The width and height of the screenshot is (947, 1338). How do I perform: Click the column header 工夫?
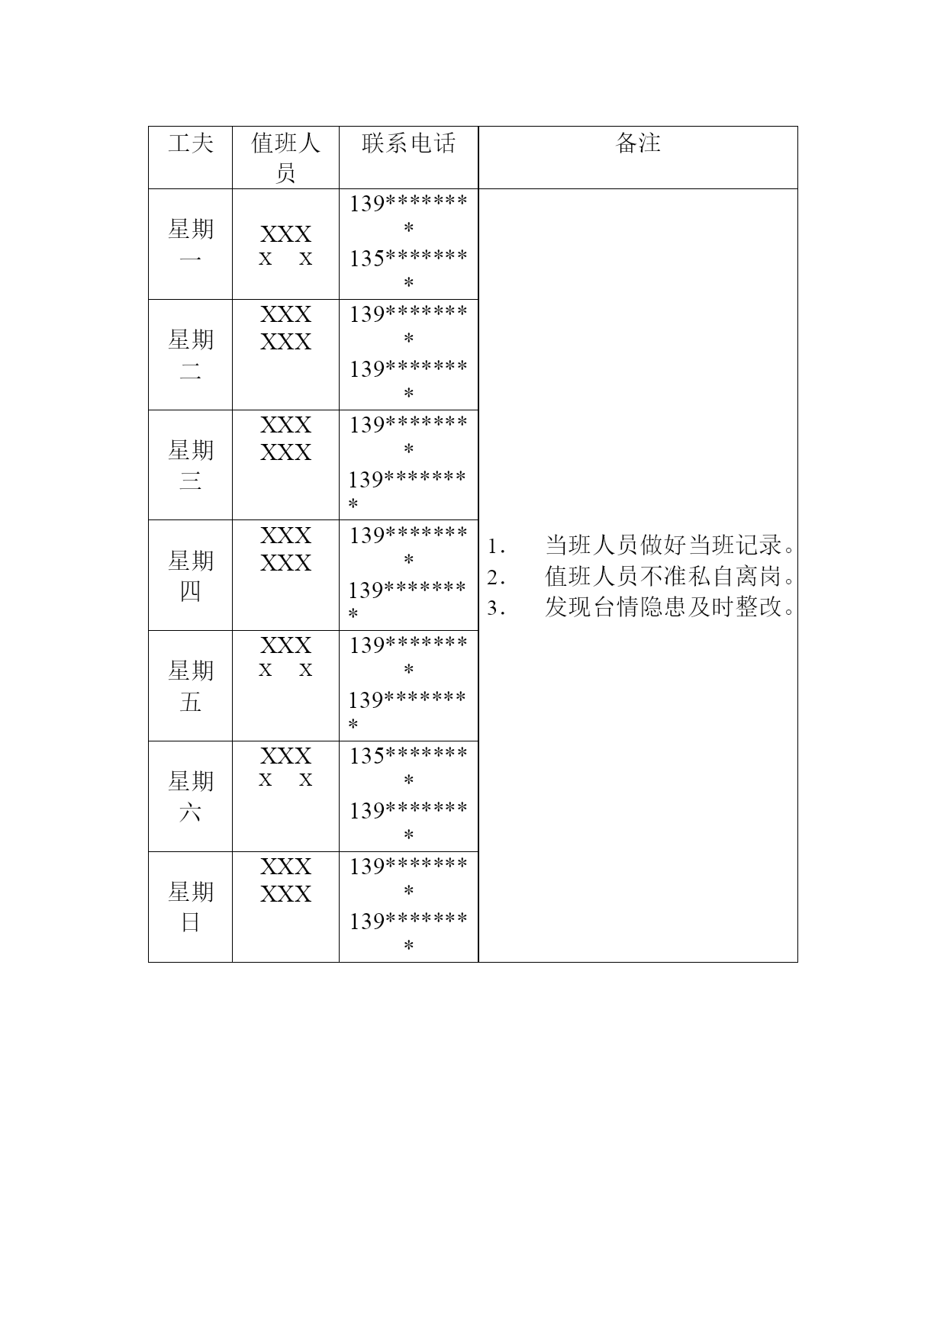(191, 143)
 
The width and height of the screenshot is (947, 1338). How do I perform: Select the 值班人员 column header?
(285, 158)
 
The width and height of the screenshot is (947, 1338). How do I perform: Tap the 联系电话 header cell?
(408, 143)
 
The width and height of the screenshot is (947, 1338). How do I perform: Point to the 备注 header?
(638, 143)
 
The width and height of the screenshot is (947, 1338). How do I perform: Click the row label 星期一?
(191, 244)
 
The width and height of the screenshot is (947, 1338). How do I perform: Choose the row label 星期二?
(191, 355)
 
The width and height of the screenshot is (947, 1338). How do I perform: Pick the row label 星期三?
(191, 465)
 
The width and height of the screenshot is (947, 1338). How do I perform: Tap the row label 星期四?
(191, 575)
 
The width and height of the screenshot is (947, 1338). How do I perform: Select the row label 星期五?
(191, 686)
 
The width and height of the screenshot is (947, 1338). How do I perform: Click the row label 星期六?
(191, 796)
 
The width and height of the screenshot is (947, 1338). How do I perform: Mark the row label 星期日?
(191, 907)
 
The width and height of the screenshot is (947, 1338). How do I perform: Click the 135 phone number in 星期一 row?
(408, 271)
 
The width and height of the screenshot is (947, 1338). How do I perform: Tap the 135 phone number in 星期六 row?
(408, 767)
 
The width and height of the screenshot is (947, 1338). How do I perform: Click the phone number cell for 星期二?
(408, 355)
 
